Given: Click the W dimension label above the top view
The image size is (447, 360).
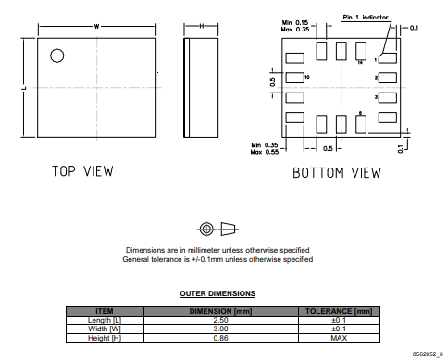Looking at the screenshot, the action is tap(96, 27).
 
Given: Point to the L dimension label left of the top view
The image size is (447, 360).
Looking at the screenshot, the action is tap(24, 88).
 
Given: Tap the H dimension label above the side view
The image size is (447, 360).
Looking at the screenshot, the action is tap(202, 26).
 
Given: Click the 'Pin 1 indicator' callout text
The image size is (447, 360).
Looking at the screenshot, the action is tap(366, 18).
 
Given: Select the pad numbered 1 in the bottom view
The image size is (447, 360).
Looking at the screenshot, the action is tap(388, 58).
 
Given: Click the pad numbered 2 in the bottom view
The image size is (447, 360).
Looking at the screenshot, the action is tap(388, 78).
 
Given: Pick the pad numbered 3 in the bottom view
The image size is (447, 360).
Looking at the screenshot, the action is tap(388, 97).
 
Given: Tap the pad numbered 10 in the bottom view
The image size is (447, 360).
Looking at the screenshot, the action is tap(294, 78).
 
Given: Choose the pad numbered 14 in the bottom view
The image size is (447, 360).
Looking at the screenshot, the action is tap(361, 51).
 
